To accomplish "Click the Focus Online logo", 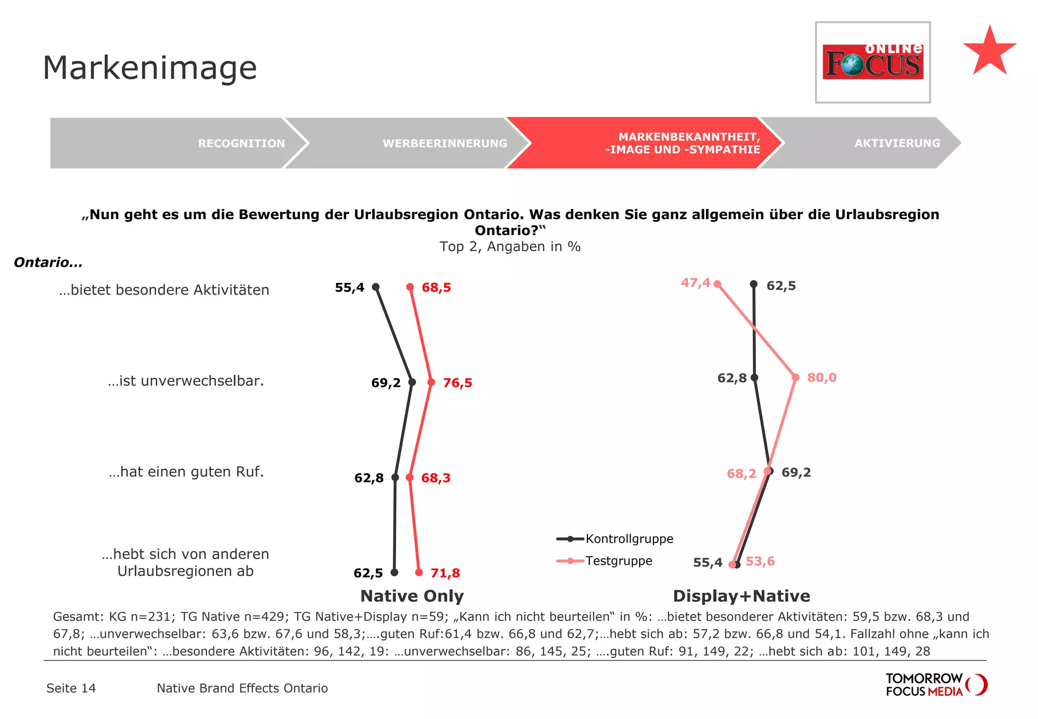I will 872,62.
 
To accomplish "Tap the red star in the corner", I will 989,51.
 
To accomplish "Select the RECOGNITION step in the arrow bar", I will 241,143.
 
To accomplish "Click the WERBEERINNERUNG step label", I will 444,143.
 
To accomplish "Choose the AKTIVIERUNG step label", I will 897,143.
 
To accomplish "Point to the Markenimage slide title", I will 150,67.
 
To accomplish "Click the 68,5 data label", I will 436,287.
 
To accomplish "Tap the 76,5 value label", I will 458,383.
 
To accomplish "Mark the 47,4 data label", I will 695,283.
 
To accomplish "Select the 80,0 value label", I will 822,378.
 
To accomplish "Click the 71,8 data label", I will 445,573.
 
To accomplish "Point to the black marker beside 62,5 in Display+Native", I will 754,284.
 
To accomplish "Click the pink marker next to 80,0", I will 796,377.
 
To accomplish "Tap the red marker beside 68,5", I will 410,287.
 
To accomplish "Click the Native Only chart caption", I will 412,596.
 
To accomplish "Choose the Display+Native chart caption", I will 742,596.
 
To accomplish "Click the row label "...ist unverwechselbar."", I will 186,381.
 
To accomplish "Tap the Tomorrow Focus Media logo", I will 936,685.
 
